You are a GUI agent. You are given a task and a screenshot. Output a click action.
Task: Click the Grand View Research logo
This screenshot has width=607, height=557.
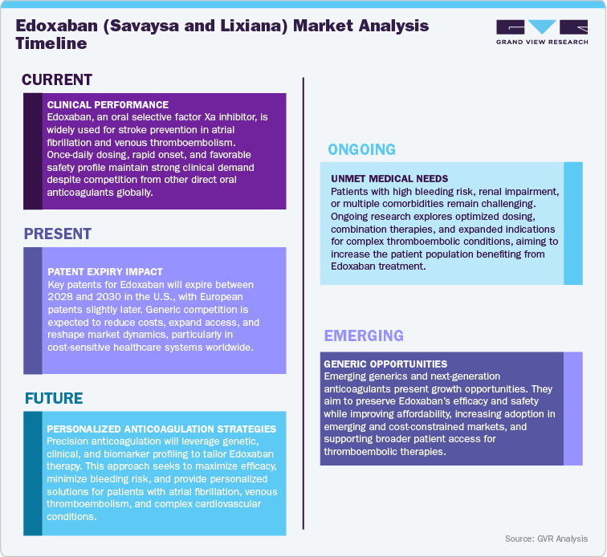(541, 31)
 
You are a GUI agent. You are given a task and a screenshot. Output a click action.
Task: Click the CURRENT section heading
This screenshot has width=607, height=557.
(57, 79)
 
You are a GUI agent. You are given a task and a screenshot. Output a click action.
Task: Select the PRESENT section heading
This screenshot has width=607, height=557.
(58, 234)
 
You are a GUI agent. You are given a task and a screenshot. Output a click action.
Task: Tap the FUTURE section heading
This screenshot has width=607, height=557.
(54, 399)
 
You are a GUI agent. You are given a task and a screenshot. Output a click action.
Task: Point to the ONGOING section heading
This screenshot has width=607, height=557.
(361, 149)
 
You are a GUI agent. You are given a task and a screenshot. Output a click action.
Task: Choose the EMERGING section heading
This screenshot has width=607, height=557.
(364, 335)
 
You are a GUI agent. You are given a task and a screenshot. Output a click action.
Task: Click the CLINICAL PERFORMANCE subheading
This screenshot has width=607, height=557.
(108, 105)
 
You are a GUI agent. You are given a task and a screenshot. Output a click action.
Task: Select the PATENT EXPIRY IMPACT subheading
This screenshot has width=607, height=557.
(105, 272)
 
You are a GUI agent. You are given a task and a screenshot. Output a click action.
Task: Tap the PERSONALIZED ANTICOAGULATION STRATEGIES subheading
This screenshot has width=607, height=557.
(161, 429)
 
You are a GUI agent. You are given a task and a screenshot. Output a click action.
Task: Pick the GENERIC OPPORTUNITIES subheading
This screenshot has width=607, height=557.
(385, 364)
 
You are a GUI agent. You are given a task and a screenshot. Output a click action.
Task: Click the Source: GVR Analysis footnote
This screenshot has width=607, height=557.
(546, 539)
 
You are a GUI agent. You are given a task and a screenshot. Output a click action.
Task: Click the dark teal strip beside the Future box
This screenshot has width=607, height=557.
(33, 474)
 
